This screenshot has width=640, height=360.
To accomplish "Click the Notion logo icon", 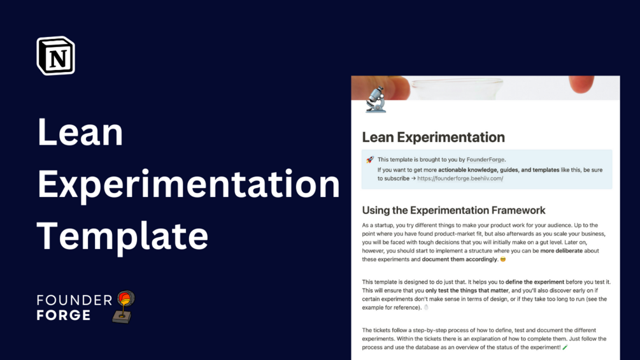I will click(56, 55).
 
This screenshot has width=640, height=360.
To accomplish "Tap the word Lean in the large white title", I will click(80, 133).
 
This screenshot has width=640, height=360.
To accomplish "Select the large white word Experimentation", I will click(188, 184).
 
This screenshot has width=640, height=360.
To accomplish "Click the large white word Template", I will click(122, 235).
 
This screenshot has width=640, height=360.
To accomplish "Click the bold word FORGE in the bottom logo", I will click(64, 315).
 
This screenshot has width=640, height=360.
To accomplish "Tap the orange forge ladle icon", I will click(125, 306).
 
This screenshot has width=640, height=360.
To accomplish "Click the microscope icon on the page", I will click(376, 100).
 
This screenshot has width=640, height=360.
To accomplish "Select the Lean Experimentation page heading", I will click(433, 137).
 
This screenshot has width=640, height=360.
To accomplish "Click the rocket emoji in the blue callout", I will click(370, 160).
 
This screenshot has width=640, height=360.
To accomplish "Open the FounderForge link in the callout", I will click(486, 160).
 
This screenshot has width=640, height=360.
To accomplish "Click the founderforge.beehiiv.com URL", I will click(460, 179).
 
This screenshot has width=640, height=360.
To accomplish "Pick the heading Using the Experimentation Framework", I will click(453, 210).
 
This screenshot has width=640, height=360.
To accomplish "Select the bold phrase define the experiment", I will click(535, 282).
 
